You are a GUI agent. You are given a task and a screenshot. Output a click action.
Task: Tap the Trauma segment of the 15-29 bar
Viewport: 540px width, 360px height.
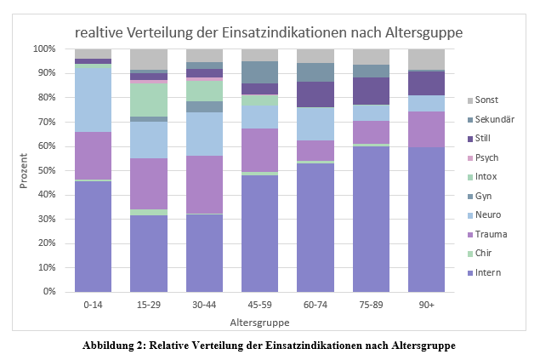tap(148, 183)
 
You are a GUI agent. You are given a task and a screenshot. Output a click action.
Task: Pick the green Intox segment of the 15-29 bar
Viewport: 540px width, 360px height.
tap(148, 100)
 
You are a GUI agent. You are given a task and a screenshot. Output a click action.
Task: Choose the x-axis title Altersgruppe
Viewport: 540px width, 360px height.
tap(259, 323)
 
